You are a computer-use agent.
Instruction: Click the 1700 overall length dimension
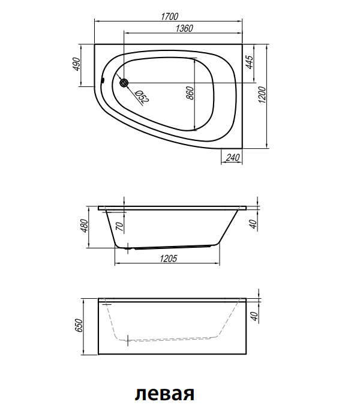(x=170, y=17)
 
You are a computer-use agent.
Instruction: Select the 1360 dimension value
(x=184, y=28)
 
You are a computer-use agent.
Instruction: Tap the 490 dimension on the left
(x=76, y=64)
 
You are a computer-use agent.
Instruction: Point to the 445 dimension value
(x=249, y=62)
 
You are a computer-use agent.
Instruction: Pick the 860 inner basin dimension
(x=190, y=92)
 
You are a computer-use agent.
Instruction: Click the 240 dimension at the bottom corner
(x=232, y=157)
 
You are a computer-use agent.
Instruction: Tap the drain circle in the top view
(x=124, y=83)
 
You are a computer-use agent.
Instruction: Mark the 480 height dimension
(x=84, y=226)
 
